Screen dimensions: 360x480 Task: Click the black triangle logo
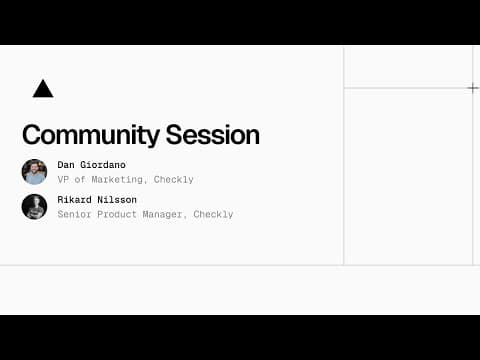coord(42,89)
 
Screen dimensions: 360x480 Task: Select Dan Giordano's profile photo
coord(34,172)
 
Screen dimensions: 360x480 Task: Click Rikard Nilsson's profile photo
coord(34,206)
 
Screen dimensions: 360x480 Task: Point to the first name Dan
coord(67,165)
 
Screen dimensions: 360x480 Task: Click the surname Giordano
coord(104,165)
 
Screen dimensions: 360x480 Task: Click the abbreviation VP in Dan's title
coord(63,180)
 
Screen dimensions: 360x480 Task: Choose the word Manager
coord(165,214)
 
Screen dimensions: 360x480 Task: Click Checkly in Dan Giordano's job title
coord(174,180)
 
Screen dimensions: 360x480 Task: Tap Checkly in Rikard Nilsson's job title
coord(213,214)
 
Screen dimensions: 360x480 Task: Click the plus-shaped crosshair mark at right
coord(473,88)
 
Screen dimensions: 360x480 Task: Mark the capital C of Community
coord(31,135)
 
